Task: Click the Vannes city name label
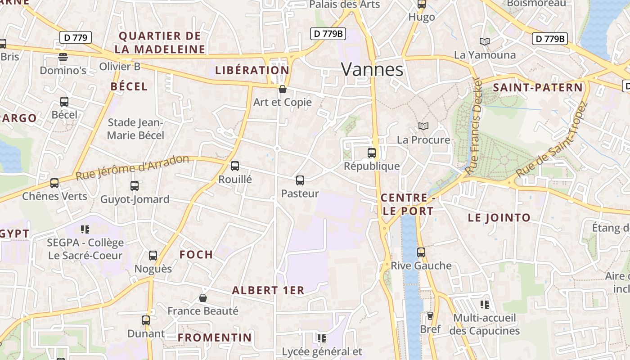[372, 69]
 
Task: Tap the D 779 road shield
[76, 37]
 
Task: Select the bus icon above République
[372, 153]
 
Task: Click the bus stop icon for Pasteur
[300, 180]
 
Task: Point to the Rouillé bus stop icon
[235, 166]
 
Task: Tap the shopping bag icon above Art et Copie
[283, 89]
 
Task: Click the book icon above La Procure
[423, 126]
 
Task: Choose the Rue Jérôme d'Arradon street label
[132, 167]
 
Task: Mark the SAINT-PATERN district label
[538, 88]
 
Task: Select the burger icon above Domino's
[63, 57]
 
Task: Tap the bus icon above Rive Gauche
[421, 252]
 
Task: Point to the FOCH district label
[196, 255]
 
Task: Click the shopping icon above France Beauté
[203, 298]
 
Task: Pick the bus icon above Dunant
[146, 320]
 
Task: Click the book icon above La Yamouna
[484, 42]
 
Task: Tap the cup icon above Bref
[430, 316]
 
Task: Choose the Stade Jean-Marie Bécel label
[135, 129]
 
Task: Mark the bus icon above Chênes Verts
[54, 183]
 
